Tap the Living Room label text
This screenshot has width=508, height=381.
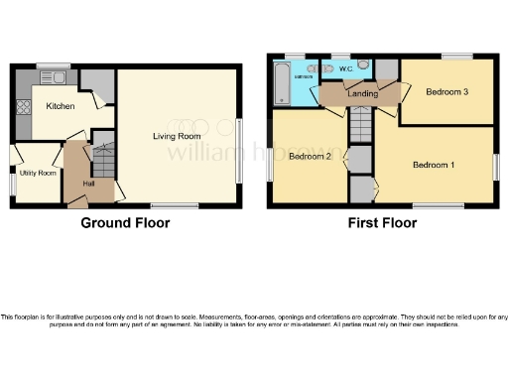pos(177,136)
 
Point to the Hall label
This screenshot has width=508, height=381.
pos(88,184)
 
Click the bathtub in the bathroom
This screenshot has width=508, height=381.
pos(281,83)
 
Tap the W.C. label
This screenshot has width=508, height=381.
pos(345,69)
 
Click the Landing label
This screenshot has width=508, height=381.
pos(362,94)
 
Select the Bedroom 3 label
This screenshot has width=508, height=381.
pos(446,91)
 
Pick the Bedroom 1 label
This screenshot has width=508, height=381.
pos(434,164)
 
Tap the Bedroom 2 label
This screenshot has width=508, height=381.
pos(309,156)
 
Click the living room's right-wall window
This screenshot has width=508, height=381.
pos(239,150)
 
